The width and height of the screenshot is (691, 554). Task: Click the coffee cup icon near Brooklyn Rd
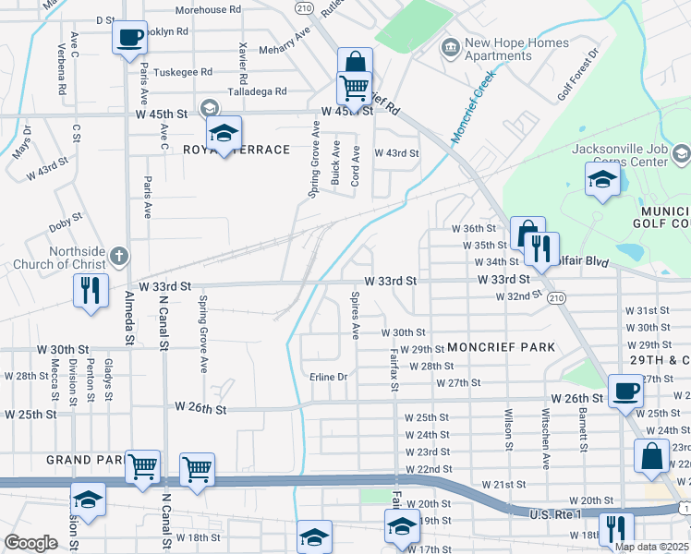tap(130, 39)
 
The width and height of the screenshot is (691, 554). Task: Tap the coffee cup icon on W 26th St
tap(625, 391)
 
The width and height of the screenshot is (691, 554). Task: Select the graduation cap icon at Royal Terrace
tap(224, 133)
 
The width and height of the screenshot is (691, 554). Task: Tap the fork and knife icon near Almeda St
tap(91, 290)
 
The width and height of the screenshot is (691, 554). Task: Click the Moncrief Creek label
tap(474, 108)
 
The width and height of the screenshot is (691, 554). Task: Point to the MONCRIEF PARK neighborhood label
tap(501, 347)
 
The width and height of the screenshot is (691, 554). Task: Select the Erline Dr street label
tap(328, 377)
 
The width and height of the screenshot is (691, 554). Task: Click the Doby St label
tap(66, 223)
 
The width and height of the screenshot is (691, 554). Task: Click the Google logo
tap(30, 543)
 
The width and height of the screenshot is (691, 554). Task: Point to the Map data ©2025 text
tap(651, 547)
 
